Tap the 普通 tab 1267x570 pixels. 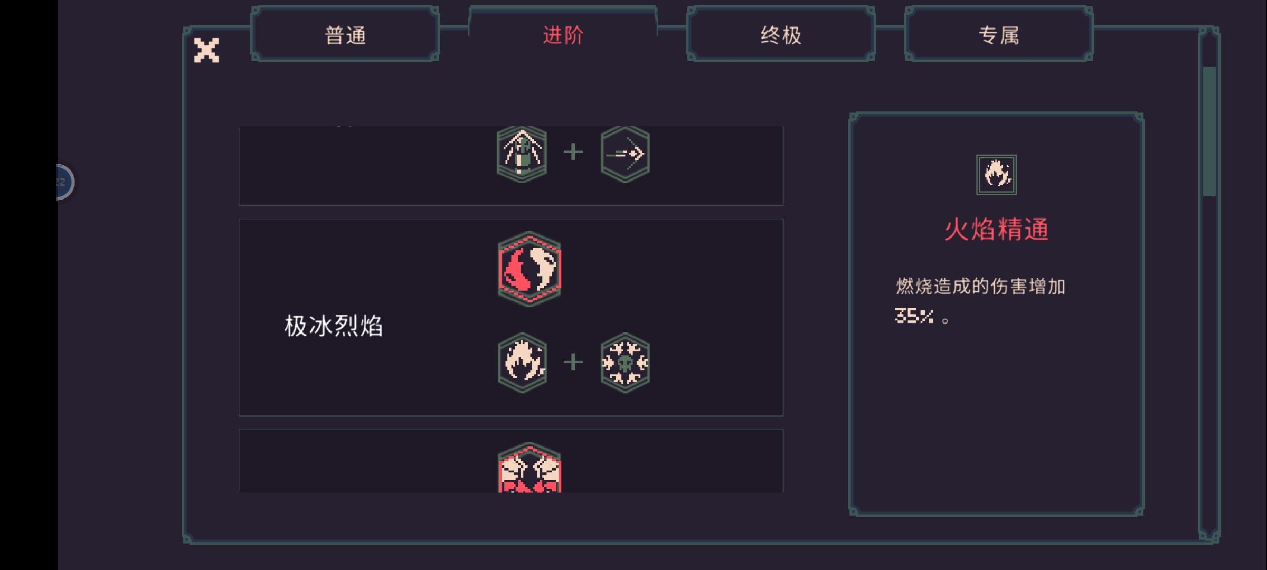[x=345, y=35]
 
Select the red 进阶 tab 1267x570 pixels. [x=563, y=35]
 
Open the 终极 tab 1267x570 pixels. [x=781, y=35]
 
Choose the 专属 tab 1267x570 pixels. [x=999, y=35]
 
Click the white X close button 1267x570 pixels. [x=206, y=50]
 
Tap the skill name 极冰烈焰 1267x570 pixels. [x=334, y=326]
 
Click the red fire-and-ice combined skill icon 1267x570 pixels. [x=530, y=269]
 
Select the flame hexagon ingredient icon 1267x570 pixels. [x=522, y=363]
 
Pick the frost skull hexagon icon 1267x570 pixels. [x=625, y=363]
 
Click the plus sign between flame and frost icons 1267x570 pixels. [x=573, y=363]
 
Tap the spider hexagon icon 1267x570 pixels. [x=522, y=154]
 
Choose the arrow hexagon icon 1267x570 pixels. [x=625, y=154]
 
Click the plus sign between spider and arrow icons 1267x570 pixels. [x=573, y=153]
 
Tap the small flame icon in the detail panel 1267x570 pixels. [x=996, y=175]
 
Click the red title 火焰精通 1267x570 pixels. [x=996, y=230]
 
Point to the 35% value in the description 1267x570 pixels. [x=914, y=316]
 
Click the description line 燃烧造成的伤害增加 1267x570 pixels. [x=980, y=286]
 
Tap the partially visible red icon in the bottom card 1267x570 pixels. [x=530, y=468]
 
